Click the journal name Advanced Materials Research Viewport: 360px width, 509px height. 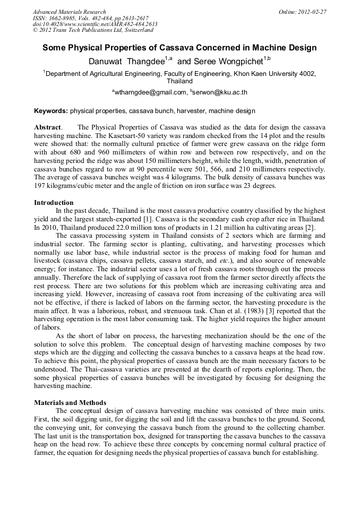tap(69, 12)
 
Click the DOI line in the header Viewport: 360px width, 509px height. tap(95, 24)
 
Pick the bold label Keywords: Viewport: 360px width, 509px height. tap(51, 111)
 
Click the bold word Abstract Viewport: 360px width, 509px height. tap(48, 128)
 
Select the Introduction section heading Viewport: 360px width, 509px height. tap(54, 203)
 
